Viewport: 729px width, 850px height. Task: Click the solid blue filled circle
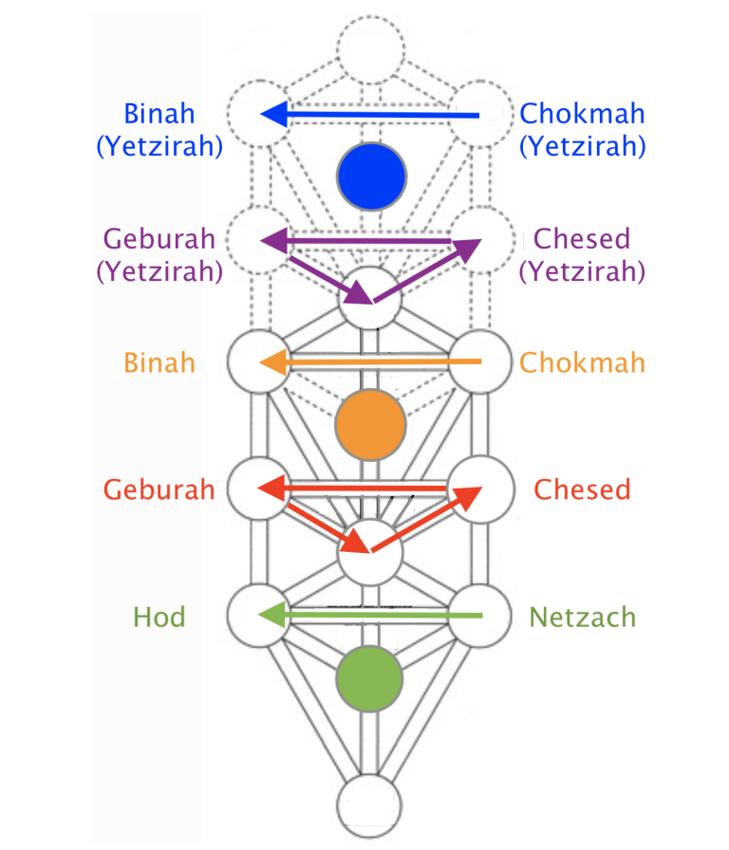pyautogui.click(x=372, y=176)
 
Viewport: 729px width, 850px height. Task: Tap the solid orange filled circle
pyautogui.click(x=371, y=422)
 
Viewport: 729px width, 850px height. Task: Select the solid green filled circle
pyautogui.click(x=371, y=677)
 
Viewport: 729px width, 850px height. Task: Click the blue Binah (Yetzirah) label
pyautogui.click(x=159, y=130)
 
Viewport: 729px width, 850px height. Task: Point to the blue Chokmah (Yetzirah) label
pyautogui.click(x=583, y=130)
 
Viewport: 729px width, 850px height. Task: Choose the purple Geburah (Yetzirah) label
pyautogui.click(x=159, y=254)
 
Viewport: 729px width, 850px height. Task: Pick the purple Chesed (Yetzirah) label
pyautogui.click(x=583, y=254)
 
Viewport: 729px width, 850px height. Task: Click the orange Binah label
pyautogui.click(x=159, y=362)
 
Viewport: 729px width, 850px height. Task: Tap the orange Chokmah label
pyautogui.click(x=583, y=362)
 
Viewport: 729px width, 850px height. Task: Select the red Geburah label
pyautogui.click(x=159, y=490)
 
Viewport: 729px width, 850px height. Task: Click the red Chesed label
pyautogui.click(x=582, y=490)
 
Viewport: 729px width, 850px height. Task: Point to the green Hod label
pyautogui.click(x=159, y=618)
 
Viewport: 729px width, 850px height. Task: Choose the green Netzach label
pyautogui.click(x=583, y=618)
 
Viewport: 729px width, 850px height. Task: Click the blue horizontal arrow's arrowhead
pyautogui.click(x=274, y=115)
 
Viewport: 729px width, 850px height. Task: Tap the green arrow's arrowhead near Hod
pyautogui.click(x=274, y=616)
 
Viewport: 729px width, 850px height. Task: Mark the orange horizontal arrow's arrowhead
pyautogui.click(x=274, y=361)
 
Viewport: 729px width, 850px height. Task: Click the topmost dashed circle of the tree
pyautogui.click(x=371, y=47)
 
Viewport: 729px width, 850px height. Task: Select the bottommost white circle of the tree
pyautogui.click(x=371, y=807)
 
